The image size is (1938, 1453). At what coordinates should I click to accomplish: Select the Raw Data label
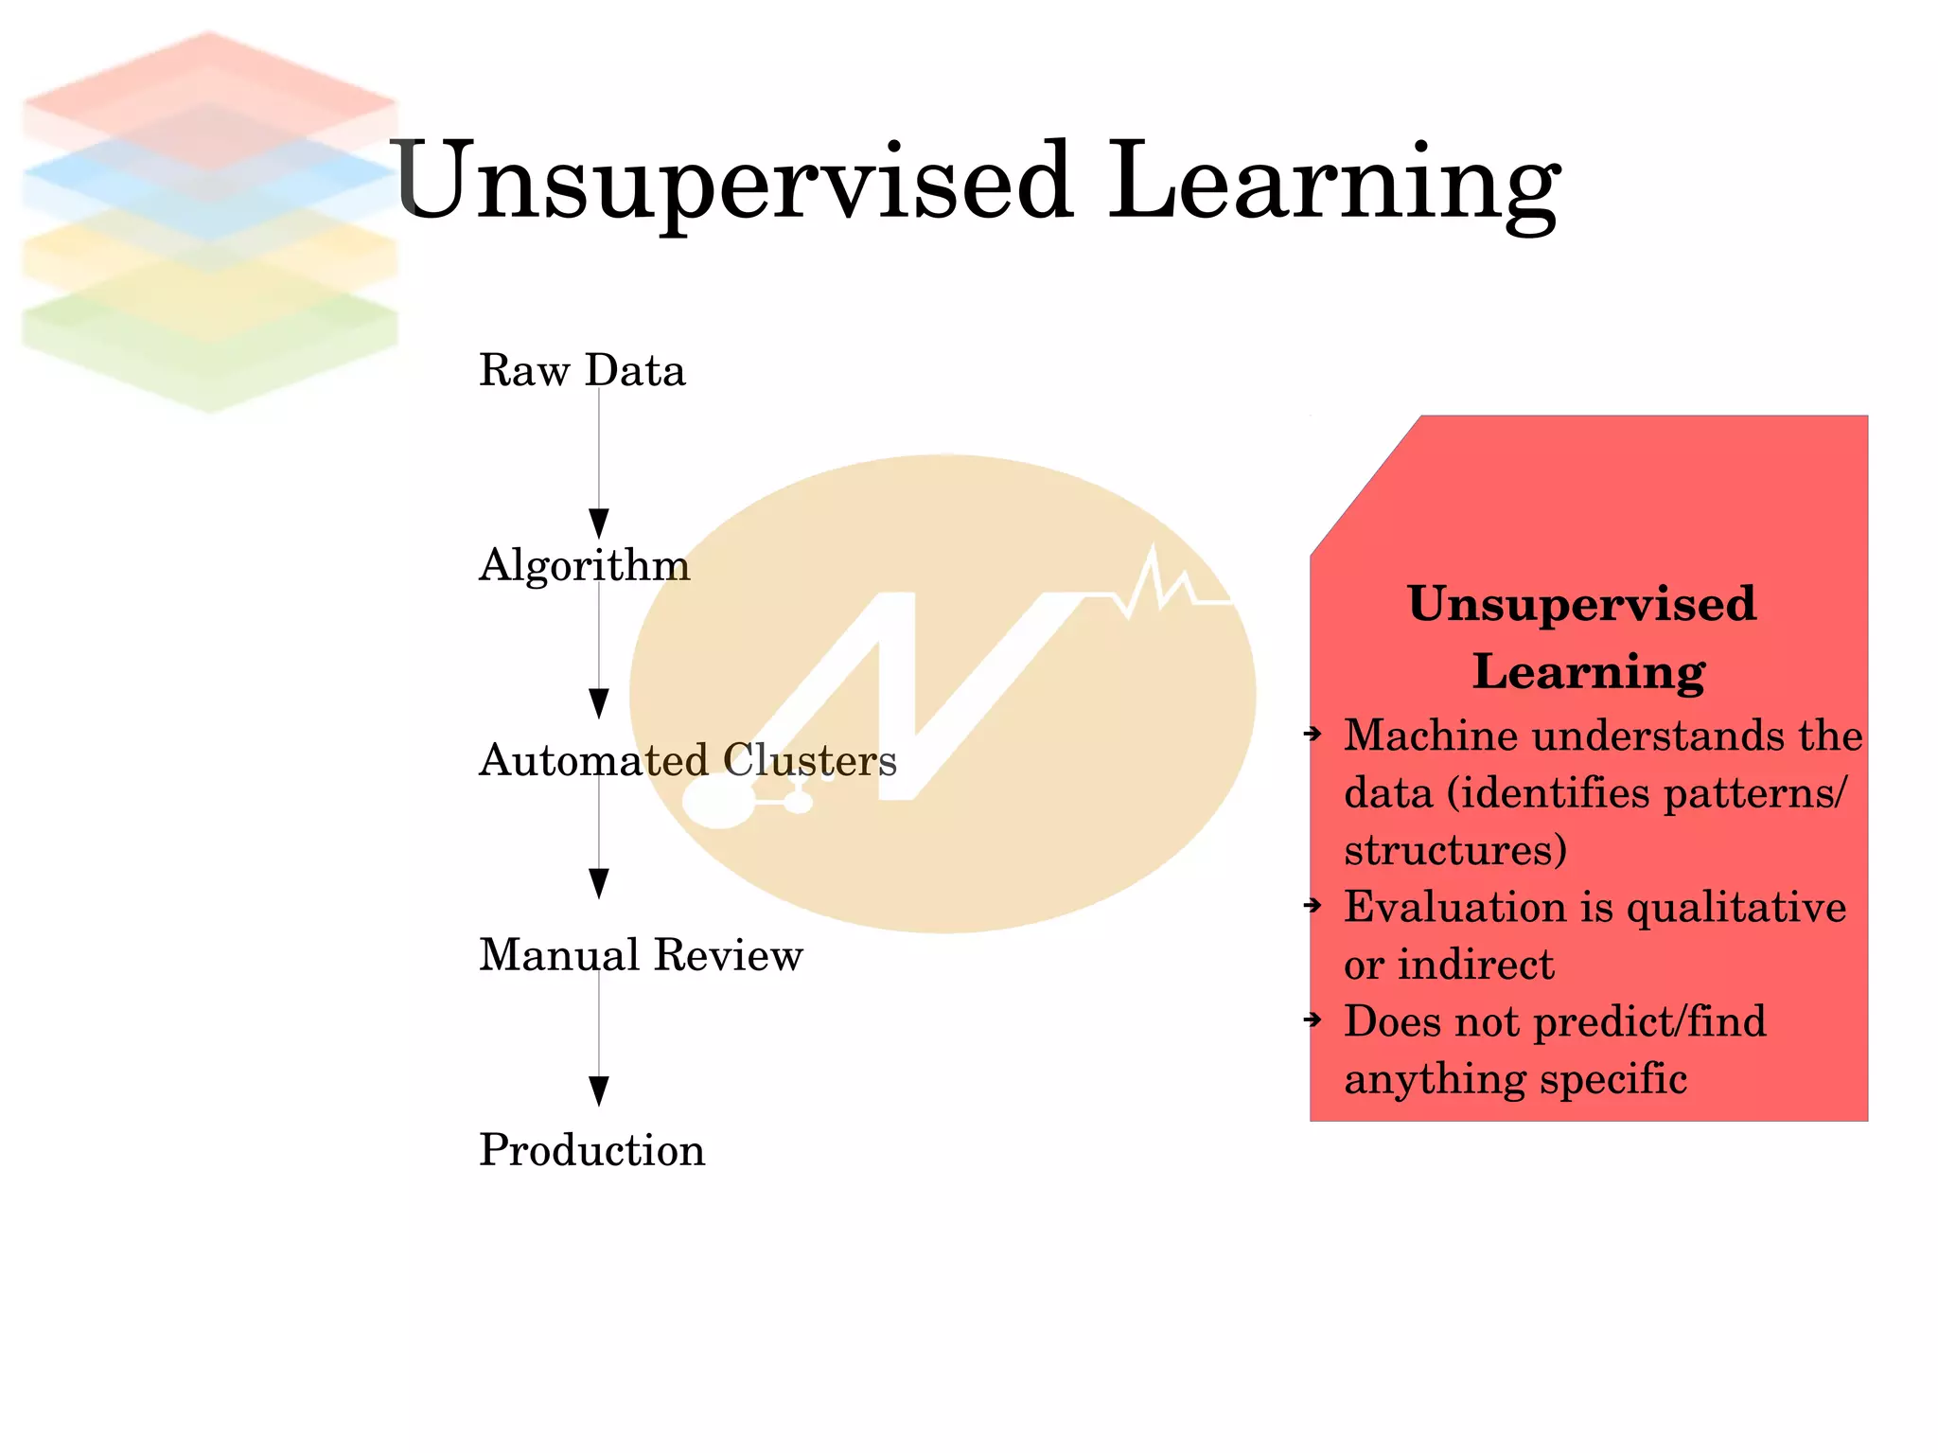coord(581,370)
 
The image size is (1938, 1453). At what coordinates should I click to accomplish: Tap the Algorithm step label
coord(584,565)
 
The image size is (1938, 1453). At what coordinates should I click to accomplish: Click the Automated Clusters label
coord(687,760)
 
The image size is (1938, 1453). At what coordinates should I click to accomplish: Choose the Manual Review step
coord(641,955)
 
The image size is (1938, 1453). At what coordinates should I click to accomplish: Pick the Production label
coord(591,1150)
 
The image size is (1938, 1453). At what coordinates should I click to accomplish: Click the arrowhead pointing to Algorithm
coord(599,523)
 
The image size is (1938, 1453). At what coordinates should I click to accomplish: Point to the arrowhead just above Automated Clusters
coord(599,702)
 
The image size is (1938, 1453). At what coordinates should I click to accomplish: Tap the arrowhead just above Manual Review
coord(599,883)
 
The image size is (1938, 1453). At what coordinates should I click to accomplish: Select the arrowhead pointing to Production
coord(599,1090)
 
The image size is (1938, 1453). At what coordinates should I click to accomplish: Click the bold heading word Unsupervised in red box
coord(1581,604)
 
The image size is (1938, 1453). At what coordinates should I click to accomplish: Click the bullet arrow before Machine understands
coord(1313,734)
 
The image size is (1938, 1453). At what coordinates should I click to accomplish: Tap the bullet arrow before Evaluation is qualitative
coord(1313,906)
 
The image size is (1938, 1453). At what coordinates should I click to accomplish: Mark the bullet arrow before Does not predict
coord(1313,1019)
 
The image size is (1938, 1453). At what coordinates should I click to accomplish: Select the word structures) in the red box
coord(1455,850)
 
